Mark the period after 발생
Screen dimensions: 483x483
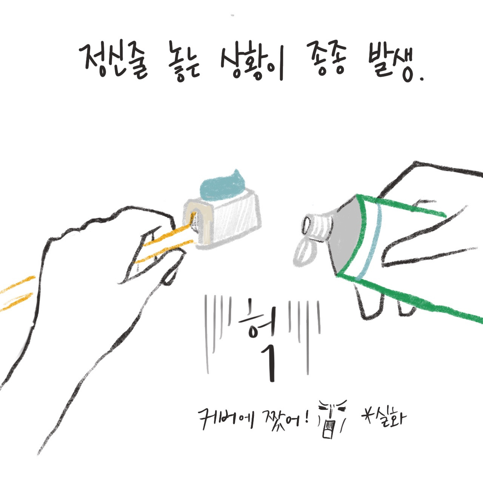[421, 79]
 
